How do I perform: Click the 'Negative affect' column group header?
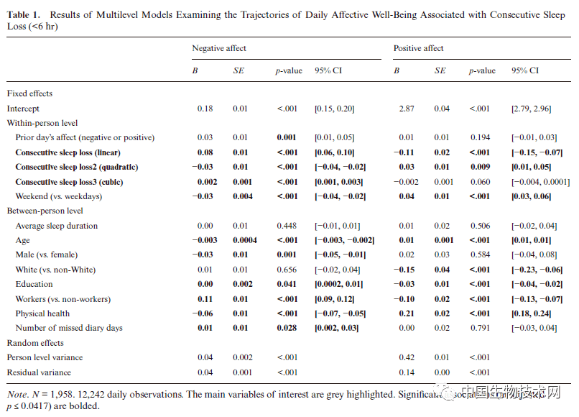click(218, 48)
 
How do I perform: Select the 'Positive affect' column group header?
click(418, 48)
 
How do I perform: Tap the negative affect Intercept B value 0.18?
click(205, 109)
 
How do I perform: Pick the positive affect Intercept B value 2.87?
click(406, 109)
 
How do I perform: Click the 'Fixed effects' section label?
click(29, 93)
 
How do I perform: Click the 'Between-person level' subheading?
click(45, 211)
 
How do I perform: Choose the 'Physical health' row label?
click(44, 313)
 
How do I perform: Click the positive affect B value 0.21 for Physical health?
click(406, 313)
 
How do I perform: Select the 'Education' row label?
click(34, 285)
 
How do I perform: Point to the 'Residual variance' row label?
click(40, 372)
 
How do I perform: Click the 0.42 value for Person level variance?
click(406, 357)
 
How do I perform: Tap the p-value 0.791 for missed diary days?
click(480, 329)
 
